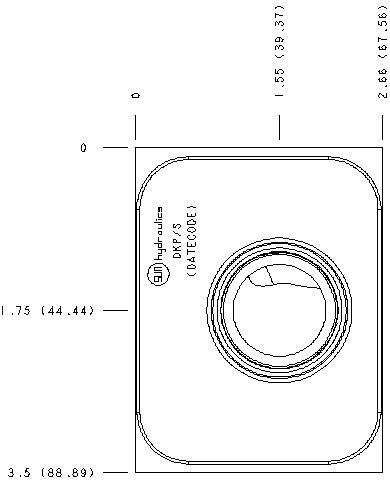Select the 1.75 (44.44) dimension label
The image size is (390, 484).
(48, 310)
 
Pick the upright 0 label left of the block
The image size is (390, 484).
(84, 148)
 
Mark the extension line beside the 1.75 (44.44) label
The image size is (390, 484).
(116, 310)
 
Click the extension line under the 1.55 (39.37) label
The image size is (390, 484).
(279, 128)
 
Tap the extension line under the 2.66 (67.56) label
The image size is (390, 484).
(381, 128)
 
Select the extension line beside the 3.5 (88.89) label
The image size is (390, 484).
(116, 471)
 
